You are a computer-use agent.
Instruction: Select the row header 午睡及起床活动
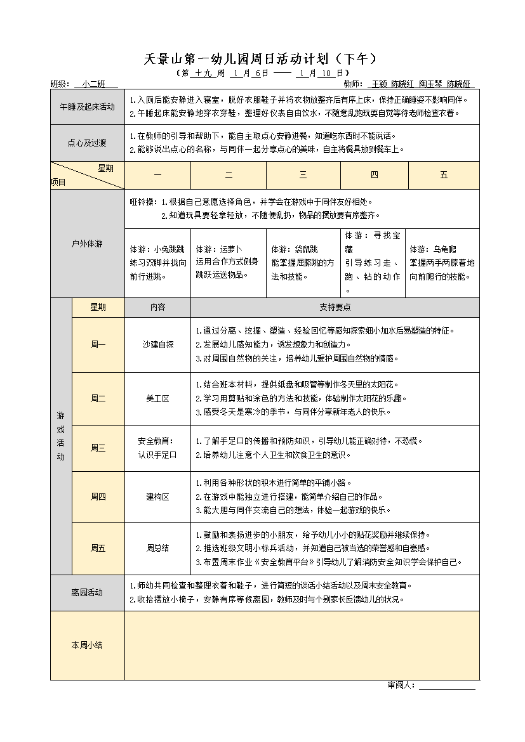(87, 107)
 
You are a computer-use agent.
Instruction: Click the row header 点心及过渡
(87, 143)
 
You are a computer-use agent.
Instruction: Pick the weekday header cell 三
(303, 175)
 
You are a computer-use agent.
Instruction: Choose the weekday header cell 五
(444, 175)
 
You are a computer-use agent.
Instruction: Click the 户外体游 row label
(87, 244)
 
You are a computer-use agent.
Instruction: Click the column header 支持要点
(335, 307)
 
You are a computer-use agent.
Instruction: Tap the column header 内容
(157, 307)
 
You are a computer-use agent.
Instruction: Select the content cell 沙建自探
(157, 344)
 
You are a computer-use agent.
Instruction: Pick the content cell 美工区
(157, 398)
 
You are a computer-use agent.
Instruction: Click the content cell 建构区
(157, 497)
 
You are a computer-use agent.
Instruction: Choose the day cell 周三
(98, 448)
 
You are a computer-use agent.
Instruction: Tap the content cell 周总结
(157, 548)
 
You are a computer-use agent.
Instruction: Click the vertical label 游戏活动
(61, 436)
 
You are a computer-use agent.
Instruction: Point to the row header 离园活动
(87, 592)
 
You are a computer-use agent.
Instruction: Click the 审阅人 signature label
(401, 685)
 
